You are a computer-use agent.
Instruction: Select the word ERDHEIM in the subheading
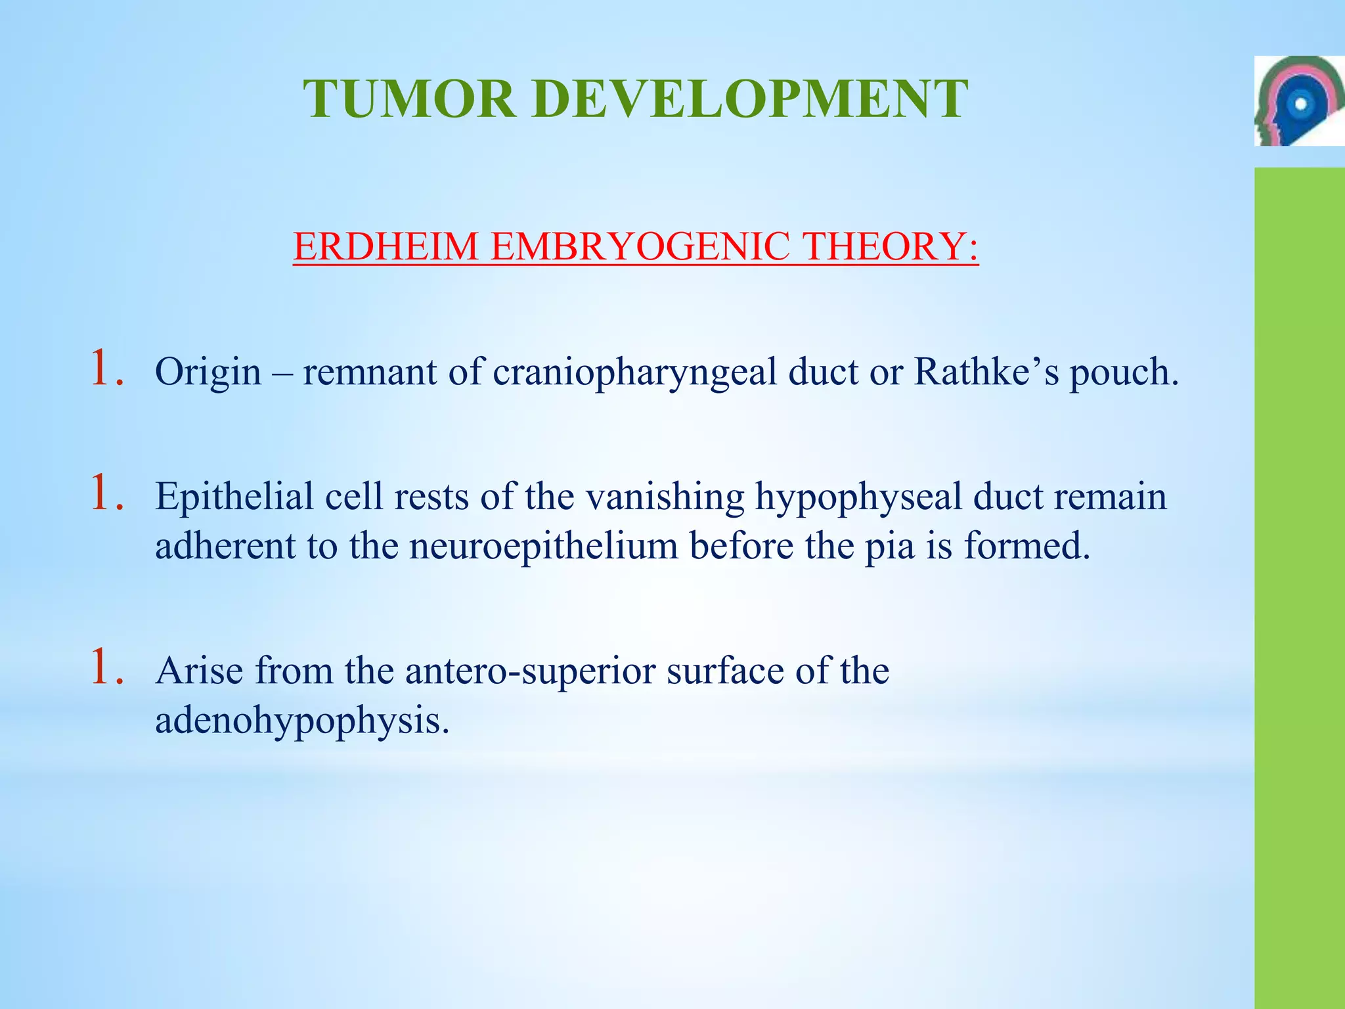[x=386, y=247]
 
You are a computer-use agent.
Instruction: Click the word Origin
[x=208, y=372]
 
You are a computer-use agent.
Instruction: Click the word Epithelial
[x=234, y=497]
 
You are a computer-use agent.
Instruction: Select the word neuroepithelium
[x=544, y=547]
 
